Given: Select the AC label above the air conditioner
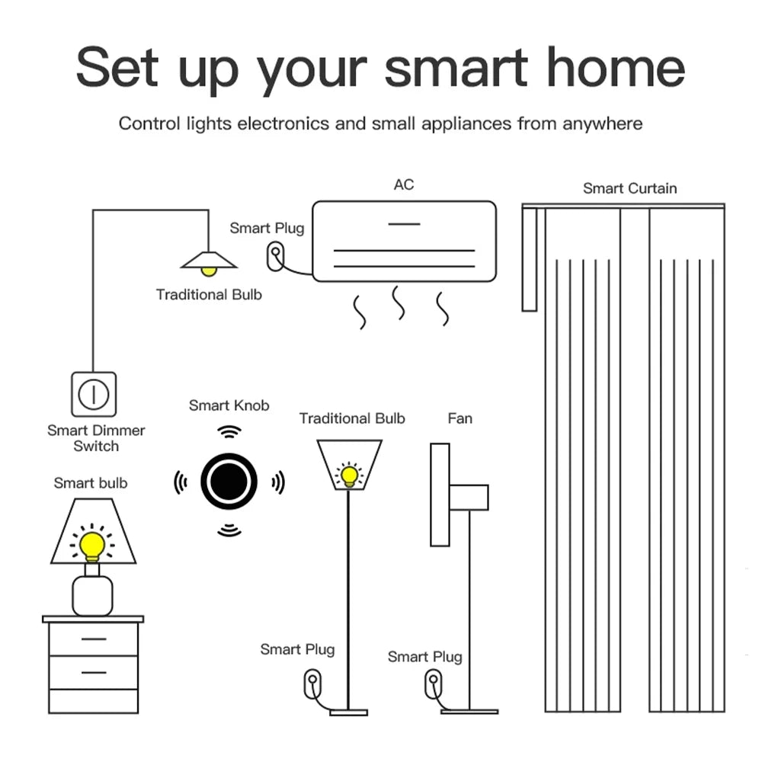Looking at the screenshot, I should coord(404,184).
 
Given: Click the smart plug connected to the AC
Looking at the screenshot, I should coord(274,256).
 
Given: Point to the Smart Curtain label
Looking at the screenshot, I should coord(629,188).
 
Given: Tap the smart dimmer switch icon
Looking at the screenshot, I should coord(94,394).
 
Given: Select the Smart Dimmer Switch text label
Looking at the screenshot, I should coord(96,438).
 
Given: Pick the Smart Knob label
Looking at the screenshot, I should coord(229,405).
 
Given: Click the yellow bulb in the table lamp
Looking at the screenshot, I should coord(92,544).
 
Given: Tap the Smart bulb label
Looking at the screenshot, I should coord(91,483).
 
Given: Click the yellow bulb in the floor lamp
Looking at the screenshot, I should coord(349,475).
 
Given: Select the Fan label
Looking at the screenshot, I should coord(459,418).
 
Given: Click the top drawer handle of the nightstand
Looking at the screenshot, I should coord(92,639).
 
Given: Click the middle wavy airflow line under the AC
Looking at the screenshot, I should coord(399,303).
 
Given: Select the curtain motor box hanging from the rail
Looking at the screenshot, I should coord(530,259).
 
